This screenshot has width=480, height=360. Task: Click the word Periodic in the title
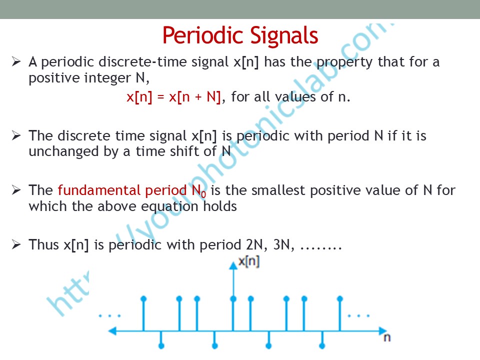(x=203, y=35)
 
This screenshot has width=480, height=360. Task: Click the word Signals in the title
(x=284, y=36)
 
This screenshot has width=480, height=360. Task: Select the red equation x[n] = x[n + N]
(x=173, y=97)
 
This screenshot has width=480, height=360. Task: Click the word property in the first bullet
(x=344, y=63)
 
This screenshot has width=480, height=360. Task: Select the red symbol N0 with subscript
(x=199, y=191)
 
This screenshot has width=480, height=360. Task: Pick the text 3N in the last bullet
(x=281, y=245)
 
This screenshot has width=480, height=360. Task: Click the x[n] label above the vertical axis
(x=249, y=261)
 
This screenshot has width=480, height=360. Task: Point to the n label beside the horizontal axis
(x=387, y=337)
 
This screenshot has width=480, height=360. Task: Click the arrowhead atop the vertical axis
(x=233, y=265)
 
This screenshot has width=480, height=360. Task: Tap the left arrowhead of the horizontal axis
(x=112, y=331)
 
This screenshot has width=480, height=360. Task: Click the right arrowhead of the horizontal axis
(x=383, y=331)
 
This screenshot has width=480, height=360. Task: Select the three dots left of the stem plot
(x=109, y=315)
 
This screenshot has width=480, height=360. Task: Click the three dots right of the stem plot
(x=358, y=315)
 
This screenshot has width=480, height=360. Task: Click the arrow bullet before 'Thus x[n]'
(x=16, y=244)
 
